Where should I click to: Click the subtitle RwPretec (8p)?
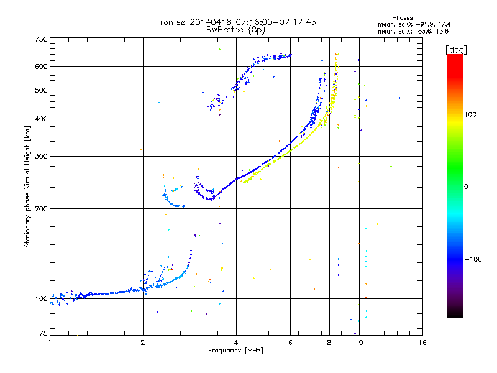point(236,29)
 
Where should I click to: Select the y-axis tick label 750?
point(41,39)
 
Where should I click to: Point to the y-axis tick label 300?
point(41,156)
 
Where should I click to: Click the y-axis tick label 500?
point(41,90)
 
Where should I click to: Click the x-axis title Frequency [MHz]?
point(235,351)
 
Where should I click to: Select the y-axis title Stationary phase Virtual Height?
point(27,186)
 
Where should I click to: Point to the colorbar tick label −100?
point(474,259)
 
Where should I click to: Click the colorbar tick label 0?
point(467,186)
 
